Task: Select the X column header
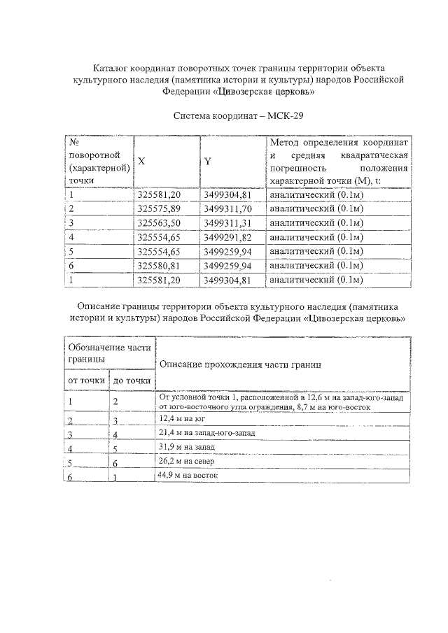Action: [141, 161]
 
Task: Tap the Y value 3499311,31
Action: [227, 223]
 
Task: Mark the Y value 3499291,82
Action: [227, 237]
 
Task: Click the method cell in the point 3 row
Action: [316, 223]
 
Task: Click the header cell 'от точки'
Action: [86, 380]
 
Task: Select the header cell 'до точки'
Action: [132, 380]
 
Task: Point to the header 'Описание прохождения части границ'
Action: [240, 364]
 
